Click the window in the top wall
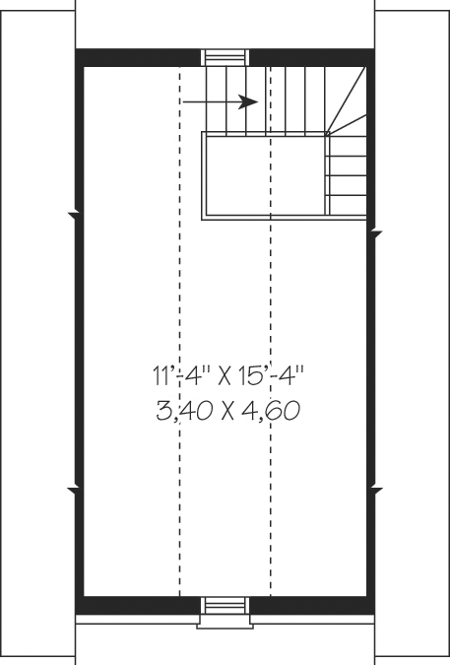(225, 57)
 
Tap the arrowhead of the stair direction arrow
(250, 100)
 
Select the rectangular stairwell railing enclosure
(265, 174)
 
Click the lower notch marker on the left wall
(76, 488)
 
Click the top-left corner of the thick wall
(79, 56)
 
